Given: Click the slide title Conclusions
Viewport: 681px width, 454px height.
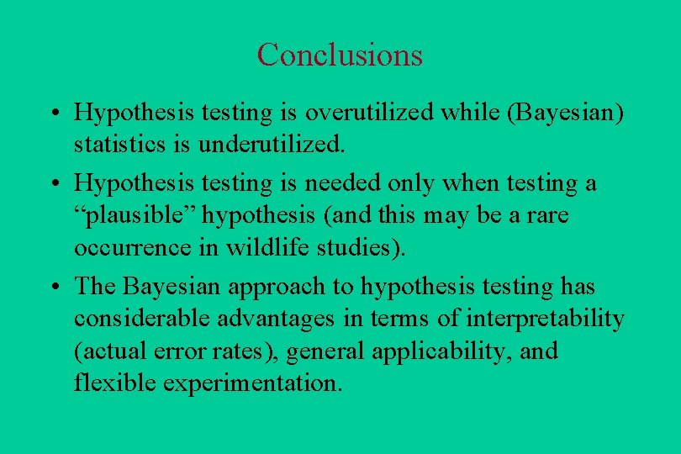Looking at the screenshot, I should [340, 55].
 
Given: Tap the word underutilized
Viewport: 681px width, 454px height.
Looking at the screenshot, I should [272, 144].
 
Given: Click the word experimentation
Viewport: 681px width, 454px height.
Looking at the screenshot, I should [252, 383].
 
